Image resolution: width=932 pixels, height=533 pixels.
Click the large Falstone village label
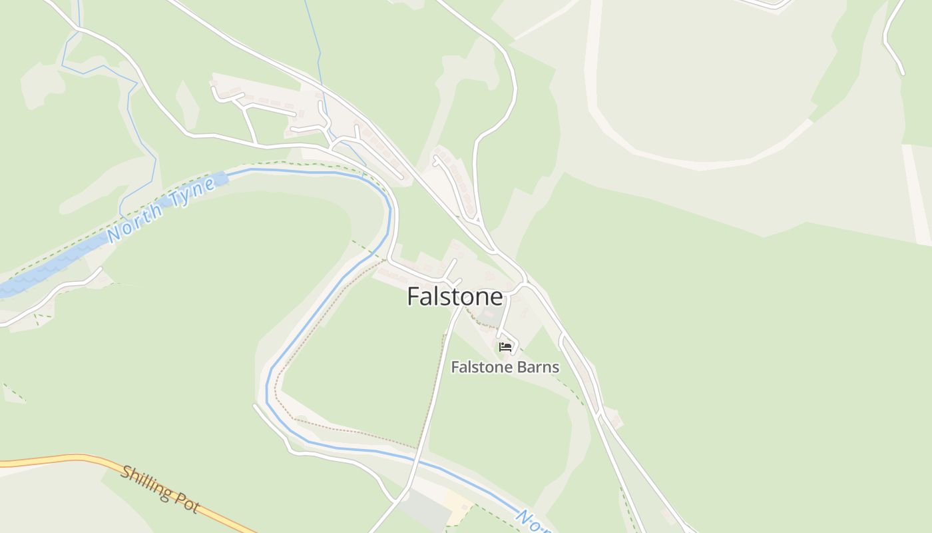[455, 296]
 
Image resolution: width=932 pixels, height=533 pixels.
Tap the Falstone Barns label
[505, 367]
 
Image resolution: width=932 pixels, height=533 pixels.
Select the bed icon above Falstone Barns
[505, 346]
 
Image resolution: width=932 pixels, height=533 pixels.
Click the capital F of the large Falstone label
[413, 297]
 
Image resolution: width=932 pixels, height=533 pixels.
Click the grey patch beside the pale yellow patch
[427, 510]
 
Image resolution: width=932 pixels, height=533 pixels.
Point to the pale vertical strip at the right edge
[916, 193]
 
